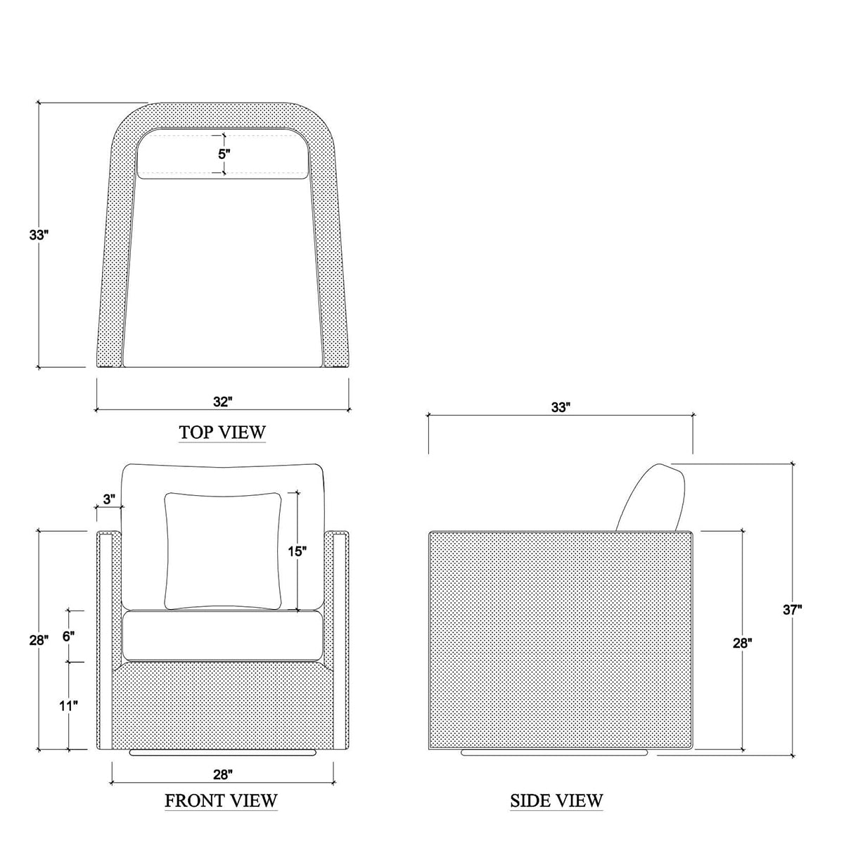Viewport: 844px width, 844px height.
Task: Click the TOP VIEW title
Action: [x=222, y=433]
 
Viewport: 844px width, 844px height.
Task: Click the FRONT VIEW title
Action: [x=221, y=800]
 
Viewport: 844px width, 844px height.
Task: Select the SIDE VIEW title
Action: [x=556, y=800]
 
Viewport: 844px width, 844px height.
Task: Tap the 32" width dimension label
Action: [x=222, y=402]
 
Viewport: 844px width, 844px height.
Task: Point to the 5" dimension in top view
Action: [x=224, y=154]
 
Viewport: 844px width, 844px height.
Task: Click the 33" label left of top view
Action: [x=39, y=235]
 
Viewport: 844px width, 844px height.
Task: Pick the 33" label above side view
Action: [x=560, y=407]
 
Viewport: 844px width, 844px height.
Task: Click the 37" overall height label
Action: [x=793, y=610]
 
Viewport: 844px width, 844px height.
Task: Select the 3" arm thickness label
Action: [x=109, y=499]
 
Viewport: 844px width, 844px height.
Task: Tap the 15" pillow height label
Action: [x=298, y=551]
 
